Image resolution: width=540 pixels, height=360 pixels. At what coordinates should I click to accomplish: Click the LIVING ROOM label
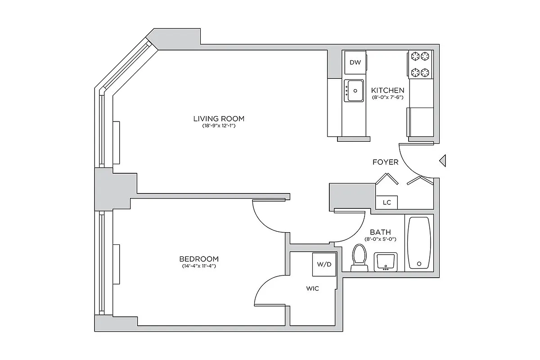point(219,119)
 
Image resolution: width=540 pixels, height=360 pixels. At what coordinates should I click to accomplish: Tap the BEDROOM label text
point(199,259)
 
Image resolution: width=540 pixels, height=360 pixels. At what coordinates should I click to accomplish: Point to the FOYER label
point(385,162)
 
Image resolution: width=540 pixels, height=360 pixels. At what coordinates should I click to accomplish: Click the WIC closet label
point(312,288)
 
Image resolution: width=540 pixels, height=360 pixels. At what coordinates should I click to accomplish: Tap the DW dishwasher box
point(355,63)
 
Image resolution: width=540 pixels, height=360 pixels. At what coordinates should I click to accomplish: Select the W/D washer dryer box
point(324,264)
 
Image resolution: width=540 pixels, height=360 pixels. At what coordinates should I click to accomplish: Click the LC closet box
point(387,202)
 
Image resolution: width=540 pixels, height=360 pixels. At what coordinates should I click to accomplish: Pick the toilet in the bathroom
point(359,257)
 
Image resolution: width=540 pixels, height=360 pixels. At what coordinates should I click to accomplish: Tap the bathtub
point(419,243)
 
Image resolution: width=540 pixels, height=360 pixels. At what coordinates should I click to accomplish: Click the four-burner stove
point(420,64)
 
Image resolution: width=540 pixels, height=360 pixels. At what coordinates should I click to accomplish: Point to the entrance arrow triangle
point(442,161)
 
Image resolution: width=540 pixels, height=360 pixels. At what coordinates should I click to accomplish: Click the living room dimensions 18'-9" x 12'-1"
point(219,126)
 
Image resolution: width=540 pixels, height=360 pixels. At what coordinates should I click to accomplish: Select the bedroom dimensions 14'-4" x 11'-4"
point(199,266)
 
